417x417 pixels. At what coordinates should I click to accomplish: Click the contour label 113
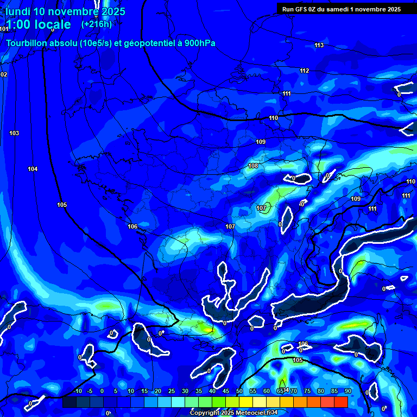(319, 45)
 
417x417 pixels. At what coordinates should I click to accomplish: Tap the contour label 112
(304, 71)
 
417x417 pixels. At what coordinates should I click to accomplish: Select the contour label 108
(253, 166)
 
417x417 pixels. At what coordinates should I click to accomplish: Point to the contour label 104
(33, 169)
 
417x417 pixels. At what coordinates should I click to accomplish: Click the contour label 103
(14, 133)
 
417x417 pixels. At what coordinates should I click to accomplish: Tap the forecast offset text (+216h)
(96, 24)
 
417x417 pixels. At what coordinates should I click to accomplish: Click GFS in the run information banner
(303, 9)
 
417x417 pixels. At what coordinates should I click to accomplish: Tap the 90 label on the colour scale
(347, 391)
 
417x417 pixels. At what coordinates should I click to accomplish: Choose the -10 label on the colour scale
(77, 391)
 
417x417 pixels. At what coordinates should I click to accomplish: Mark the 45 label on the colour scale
(226, 391)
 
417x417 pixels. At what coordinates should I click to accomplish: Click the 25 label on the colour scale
(172, 391)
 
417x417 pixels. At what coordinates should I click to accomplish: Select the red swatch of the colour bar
(341, 402)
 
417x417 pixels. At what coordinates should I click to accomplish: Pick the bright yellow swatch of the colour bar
(246, 402)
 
